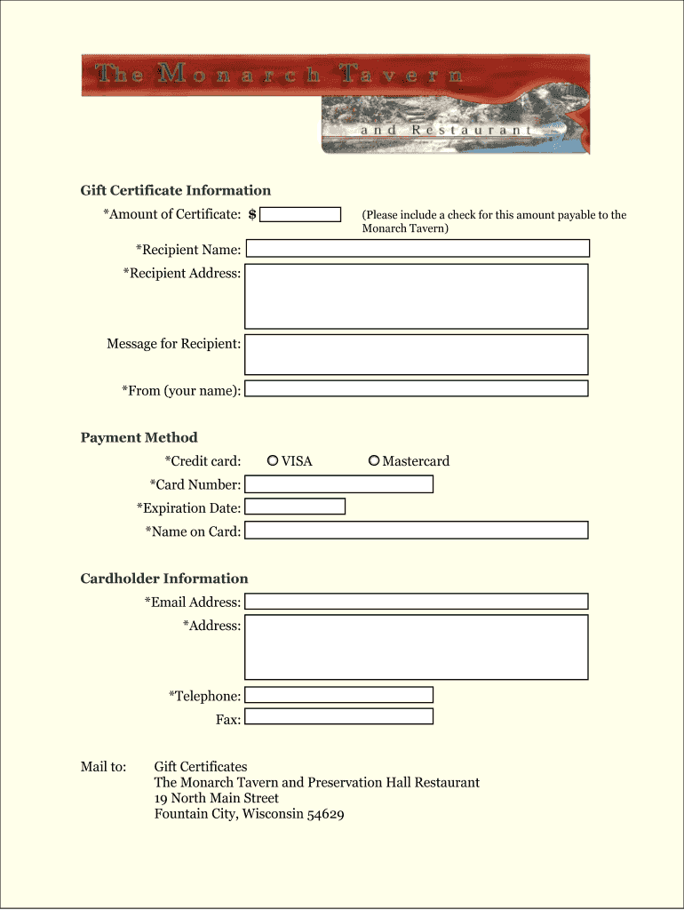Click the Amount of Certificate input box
pyautogui.click(x=300, y=214)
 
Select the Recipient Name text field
pyautogui.click(x=416, y=249)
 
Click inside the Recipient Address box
pyautogui.click(x=416, y=296)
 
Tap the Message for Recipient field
pyautogui.click(x=416, y=355)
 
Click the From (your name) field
pyautogui.click(x=416, y=388)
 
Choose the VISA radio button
pyautogui.click(x=274, y=460)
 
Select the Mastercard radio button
pyautogui.click(x=374, y=460)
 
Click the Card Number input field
pyautogui.click(x=338, y=484)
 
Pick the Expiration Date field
pyautogui.click(x=294, y=507)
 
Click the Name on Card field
pyautogui.click(x=416, y=531)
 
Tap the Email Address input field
pyautogui.click(x=416, y=602)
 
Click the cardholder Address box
pyautogui.click(x=416, y=647)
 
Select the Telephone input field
pyautogui.click(x=338, y=695)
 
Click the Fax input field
pyautogui.click(x=338, y=716)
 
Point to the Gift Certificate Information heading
pyautogui.click(x=176, y=190)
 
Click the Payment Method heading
pyautogui.click(x=139, y=437)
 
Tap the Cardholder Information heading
pyautogui.click(x=164, y=579)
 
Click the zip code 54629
pyautogui.click(x=325, y=814)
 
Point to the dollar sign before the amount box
pyautogui.click(x=252, y=214)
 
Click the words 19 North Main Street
pyautogui.click(x=216, y=798)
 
